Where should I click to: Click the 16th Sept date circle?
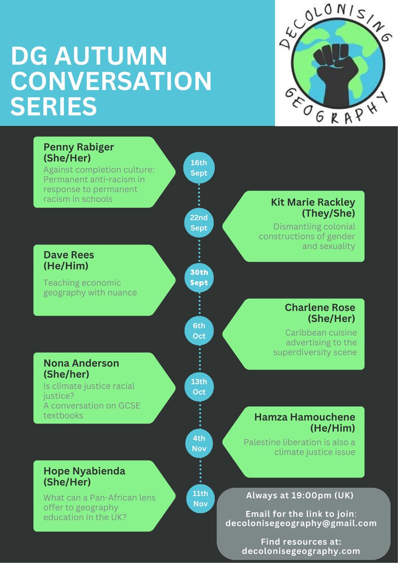tap(199, 167)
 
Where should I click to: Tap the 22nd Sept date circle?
tap(199, 223)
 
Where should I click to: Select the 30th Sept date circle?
tap(199, 277)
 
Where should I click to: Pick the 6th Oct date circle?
tap(199, 331)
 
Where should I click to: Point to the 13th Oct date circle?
tap(199, 386)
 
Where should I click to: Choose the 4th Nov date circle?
tap(199, 443)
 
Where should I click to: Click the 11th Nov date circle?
tap(200, 498)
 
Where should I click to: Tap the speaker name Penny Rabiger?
tap(79, 147)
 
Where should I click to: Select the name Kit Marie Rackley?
tap(313, 202)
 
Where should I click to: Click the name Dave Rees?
tap(69, 255)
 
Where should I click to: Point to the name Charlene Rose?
tap(320, 308)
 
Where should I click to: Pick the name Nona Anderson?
tap(81, 363)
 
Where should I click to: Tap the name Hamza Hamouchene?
tap(305, 417)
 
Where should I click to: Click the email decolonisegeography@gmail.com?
tap(301, 523)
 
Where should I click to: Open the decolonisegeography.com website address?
tap(301, 551)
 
